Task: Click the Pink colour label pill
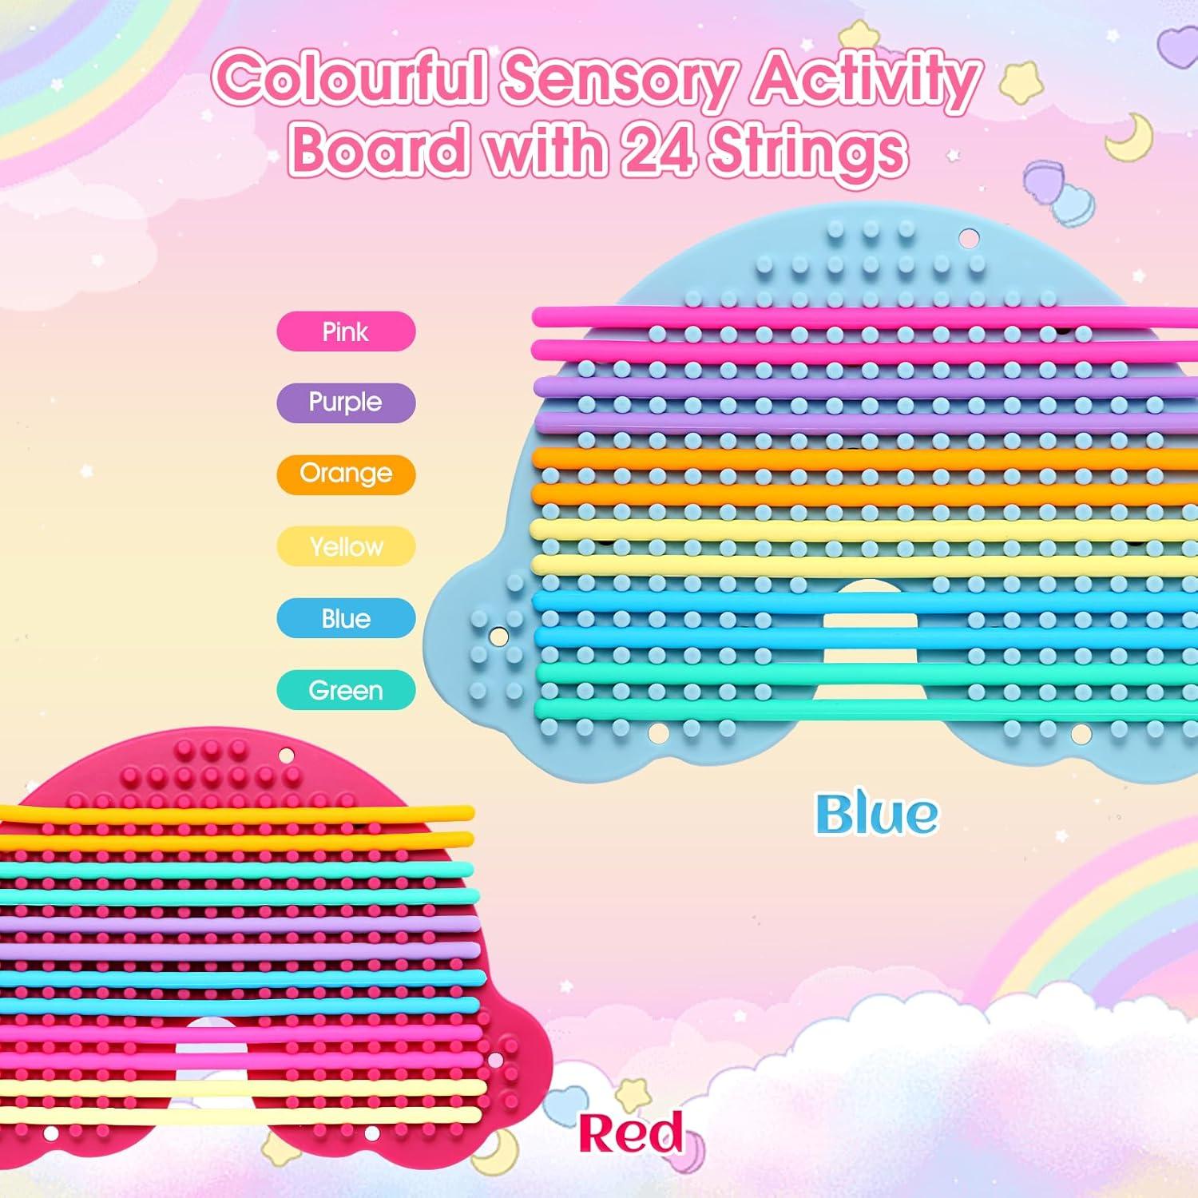(346, 331)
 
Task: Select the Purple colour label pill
(346, 403)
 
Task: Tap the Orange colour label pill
(346, 474)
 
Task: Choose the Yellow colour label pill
(346, 546)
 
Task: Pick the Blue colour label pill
(346, 618)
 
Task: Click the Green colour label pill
(346, 690)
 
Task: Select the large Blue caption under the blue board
(876, 815)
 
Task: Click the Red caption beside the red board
(631, 1133)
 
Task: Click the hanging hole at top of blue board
(968, 238)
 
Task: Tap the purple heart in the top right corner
(1176, 44)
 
